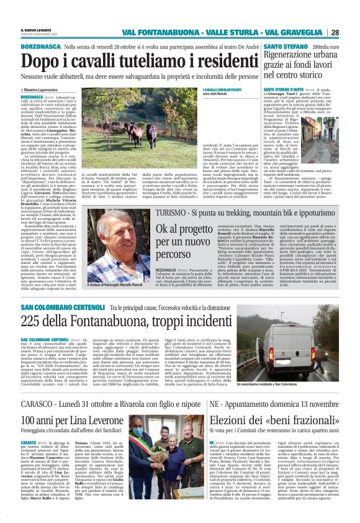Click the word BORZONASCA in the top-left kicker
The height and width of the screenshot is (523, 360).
[40, 47]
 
